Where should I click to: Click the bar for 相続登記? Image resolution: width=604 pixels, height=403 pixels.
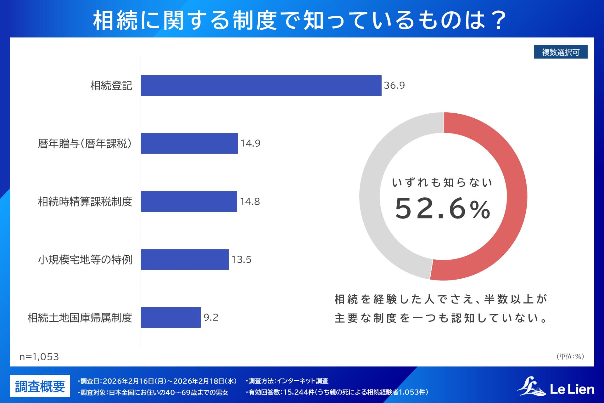point(261,85)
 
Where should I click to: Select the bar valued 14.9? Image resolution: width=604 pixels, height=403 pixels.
point(189,143)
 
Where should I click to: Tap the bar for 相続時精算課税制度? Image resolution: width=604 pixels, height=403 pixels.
point(189,201)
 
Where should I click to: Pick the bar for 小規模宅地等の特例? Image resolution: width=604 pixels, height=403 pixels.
point(185,259)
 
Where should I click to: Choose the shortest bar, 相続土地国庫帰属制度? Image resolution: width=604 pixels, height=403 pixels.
point(171,317)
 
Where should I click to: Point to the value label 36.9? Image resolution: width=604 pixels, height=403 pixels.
point(394,85)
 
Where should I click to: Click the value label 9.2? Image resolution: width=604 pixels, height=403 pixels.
point(211,317)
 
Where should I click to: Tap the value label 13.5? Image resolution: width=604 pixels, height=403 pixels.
point(241,259)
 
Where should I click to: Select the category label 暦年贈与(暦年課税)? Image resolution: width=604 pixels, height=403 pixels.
point(85,144)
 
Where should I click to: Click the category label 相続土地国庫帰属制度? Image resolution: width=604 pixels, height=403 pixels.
point(80,318)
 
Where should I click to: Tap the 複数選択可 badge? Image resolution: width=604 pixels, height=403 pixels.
point(561,52)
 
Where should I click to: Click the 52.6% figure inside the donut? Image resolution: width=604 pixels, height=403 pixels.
point(443,208)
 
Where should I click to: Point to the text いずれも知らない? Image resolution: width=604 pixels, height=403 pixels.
point(442,182)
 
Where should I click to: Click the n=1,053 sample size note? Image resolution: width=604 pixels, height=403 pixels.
point(39,357)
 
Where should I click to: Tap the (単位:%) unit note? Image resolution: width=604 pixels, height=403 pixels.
point(570,356)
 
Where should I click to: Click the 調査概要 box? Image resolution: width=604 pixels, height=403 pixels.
point(40,386)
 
